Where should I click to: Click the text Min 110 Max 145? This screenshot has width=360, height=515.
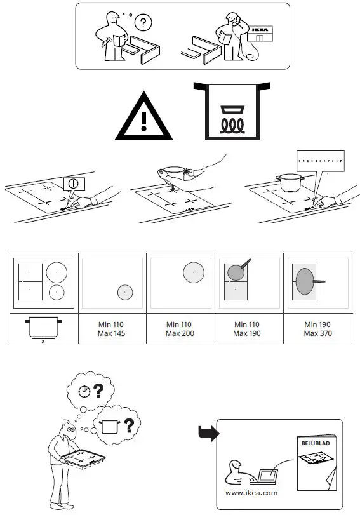point(112,329)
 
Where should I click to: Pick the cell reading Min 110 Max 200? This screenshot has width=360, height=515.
point(180,329)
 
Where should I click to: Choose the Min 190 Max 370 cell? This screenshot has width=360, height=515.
point(317,329)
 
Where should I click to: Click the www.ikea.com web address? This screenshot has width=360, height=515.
point(251,492)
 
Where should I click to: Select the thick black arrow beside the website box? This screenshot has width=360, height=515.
point(208,434)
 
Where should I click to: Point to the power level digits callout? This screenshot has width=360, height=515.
point(320,162)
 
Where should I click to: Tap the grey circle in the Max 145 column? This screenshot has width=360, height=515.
point(125,292)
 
